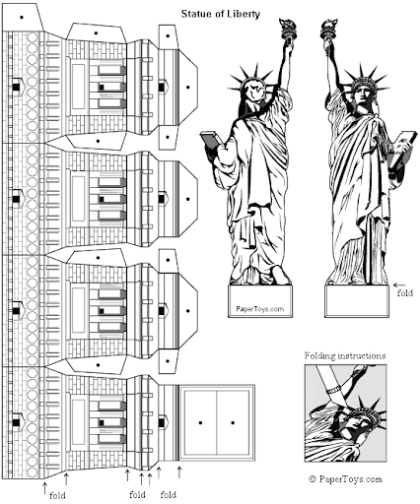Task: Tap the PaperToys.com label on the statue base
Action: (259, 308)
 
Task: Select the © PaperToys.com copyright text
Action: (344, 478)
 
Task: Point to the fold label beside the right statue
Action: (403, 292)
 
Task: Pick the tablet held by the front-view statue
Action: (399, 155)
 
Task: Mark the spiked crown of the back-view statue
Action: (248, 77)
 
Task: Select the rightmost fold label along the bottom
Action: (169, 494)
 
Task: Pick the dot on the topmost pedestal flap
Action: (96, 32)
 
